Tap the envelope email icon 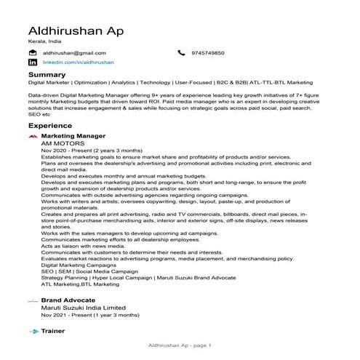(x=33, y=53)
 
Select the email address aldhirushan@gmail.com (x=75, y=53)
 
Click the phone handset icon (x=181, y=53)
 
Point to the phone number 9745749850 (x=207, y=53)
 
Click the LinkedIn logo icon (x=33, y=63)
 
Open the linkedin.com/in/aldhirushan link (x=79, y=63)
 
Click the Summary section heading (x=47, y=75)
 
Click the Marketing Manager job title (x=73, y=136)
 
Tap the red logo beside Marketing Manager (x=33, y=136)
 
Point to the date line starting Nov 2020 (x=86, y=151)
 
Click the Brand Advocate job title (x=68, y=299)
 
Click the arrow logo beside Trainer (x=33, y=332)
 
